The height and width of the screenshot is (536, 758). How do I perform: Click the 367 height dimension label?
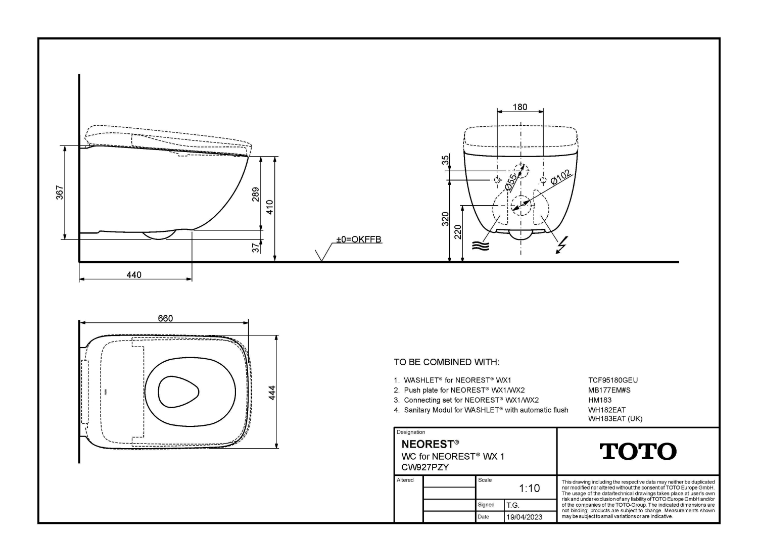(x=60, y=192)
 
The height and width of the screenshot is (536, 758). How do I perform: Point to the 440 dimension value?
(x=134, y=275)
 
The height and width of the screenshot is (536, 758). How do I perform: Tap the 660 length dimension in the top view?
(x=165, y=318)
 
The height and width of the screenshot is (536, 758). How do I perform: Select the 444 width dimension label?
(x=272, y=393)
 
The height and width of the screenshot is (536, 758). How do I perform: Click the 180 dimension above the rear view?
(x=520, y=107)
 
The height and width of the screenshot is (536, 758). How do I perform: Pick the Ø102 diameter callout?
(x=561, y=177)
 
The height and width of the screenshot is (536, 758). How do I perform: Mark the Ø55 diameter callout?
(x=510, y=182)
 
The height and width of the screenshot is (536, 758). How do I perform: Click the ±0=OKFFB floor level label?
(x=359, y=239)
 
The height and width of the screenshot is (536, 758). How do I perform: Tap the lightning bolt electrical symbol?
(x=562, y=245)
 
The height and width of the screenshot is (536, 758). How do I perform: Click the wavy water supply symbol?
(x=481, y=246)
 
